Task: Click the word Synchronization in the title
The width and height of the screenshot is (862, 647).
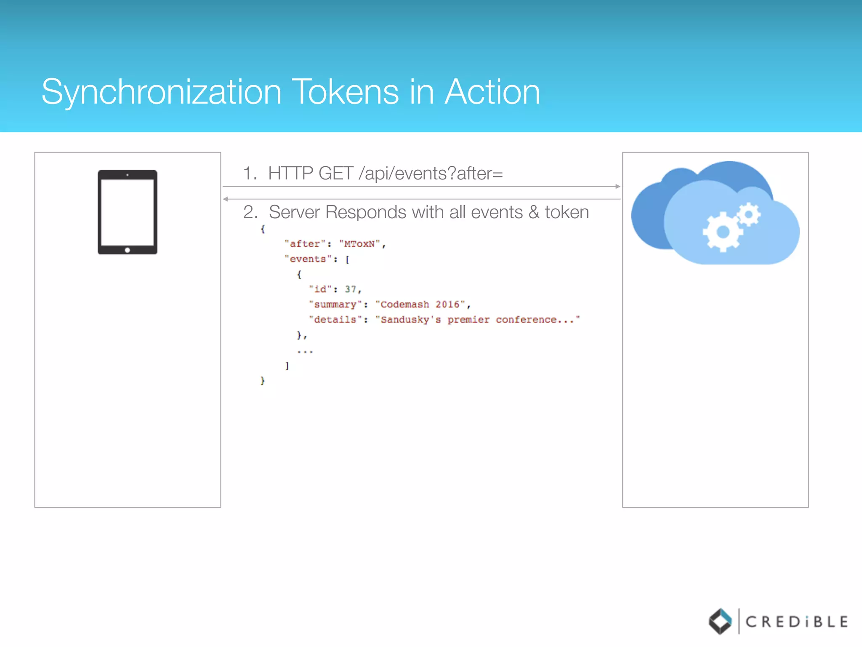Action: coord(161,93)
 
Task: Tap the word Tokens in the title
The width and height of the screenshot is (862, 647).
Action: coord(346,92)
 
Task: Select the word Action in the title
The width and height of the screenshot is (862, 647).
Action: coord(492,92)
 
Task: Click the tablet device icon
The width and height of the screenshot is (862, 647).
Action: coord(128,212)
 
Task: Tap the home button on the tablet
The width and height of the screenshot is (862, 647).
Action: coord(128,250)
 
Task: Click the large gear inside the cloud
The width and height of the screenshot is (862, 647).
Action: coord(722,231)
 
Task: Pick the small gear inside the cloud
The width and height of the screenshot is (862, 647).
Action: coord(749,214)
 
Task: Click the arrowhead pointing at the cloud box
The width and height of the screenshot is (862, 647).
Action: coord(617,186)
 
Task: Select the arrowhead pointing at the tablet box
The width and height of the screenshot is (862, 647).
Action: coord(226,199)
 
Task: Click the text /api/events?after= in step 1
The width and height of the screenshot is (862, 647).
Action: coord(431,174)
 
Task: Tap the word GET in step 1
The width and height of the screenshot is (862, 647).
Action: coord(335,174)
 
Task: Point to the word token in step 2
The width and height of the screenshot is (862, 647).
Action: coord(567,212)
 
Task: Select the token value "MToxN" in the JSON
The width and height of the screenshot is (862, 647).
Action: coord(359,244)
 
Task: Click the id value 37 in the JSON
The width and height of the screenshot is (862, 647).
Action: coord(350,289)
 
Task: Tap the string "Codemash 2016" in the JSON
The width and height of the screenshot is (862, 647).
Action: coord(420,305)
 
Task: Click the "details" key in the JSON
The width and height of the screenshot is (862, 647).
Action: coord(335,320)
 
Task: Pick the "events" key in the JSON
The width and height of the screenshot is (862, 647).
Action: coord(308,259)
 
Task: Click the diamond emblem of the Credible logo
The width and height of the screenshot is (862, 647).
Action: coord(721,621)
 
